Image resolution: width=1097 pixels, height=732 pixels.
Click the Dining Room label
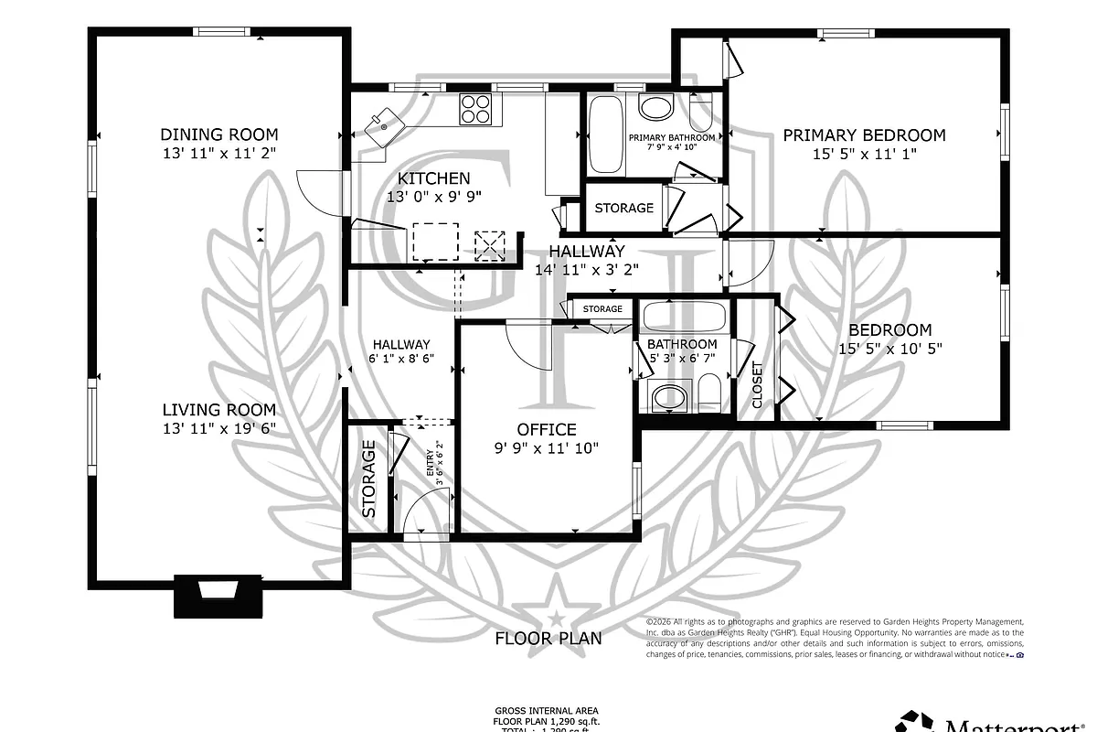click(219, 135)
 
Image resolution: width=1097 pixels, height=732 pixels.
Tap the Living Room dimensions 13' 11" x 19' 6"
click(219, 427)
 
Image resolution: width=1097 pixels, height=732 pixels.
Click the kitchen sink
click(384, 123)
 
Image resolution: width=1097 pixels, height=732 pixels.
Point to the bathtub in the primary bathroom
click(606, 134)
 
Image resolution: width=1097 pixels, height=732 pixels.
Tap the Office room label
click(547, 429)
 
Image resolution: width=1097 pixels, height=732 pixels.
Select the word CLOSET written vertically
click(757, 384)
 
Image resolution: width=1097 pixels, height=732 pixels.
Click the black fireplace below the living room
click(219, 597)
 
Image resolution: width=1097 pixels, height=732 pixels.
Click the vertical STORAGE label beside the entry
click(369, 479)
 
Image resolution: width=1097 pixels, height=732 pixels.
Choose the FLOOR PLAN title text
click(548, 638)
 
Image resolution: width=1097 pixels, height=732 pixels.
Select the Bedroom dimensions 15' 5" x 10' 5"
click(889, 348)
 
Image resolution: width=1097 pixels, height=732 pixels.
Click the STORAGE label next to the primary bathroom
click(623, 208)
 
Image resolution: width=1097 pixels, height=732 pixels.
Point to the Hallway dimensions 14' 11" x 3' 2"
click(586, 269)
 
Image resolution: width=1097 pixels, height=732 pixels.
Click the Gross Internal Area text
click(548, 710)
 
